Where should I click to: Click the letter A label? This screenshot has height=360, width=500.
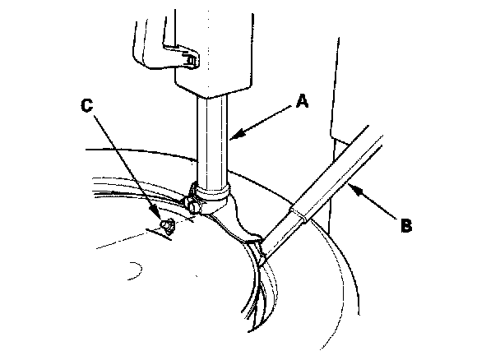click(x=302, y=101)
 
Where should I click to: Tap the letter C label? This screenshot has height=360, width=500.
click(x=88, y=105)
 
